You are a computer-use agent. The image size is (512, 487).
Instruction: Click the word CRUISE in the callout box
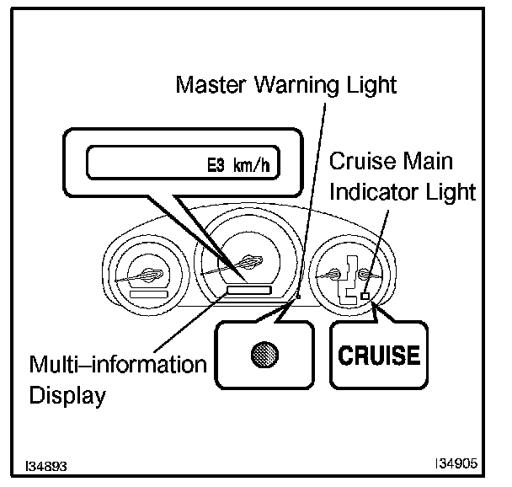(379, 355)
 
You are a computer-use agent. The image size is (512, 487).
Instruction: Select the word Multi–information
(118, 366)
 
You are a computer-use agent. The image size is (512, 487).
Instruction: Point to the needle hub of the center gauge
(249, 261)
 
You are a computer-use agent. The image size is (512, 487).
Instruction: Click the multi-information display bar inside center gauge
(248, 290)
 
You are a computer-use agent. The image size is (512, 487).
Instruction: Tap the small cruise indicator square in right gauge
(364, 295)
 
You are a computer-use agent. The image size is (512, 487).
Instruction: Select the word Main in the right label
(426, 161)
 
